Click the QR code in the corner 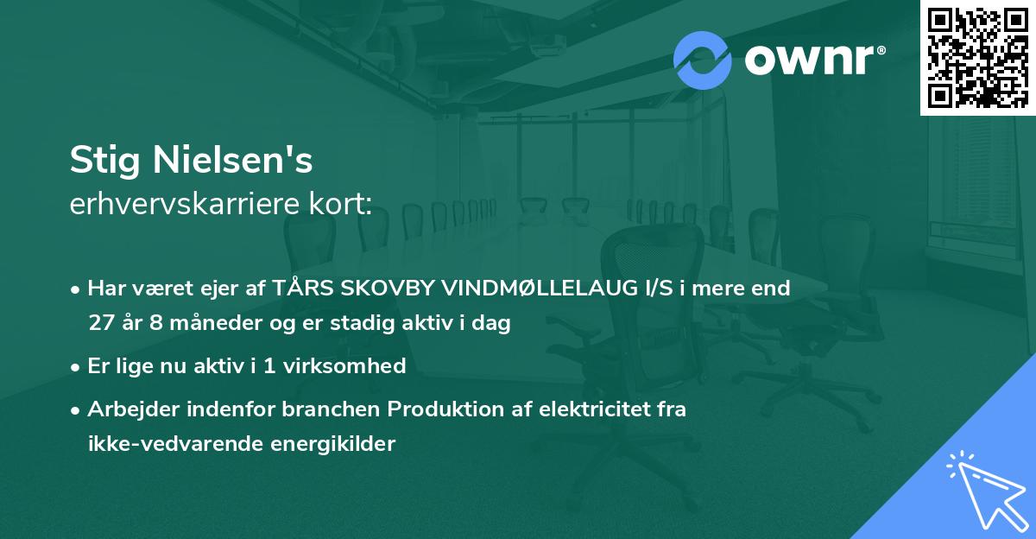coord(978,57)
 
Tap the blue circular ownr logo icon coord(703,60)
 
